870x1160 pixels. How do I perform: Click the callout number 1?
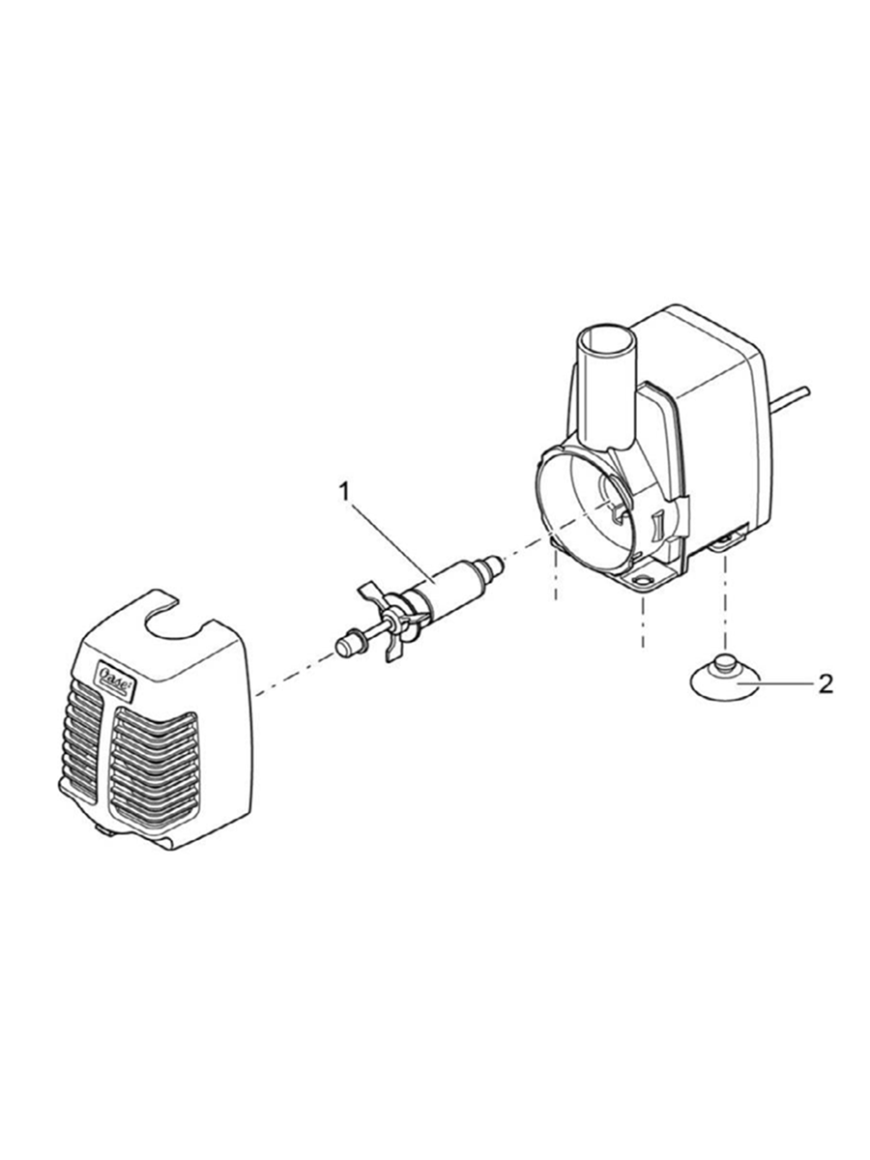[x=344, y=493]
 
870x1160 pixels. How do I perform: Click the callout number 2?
[x=826, y=684]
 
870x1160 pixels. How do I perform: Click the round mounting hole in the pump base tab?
[x=643, y=582]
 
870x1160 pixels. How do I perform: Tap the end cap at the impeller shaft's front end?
[x=347, y=644]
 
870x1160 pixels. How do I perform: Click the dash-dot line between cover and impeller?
[x=295, y=676]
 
